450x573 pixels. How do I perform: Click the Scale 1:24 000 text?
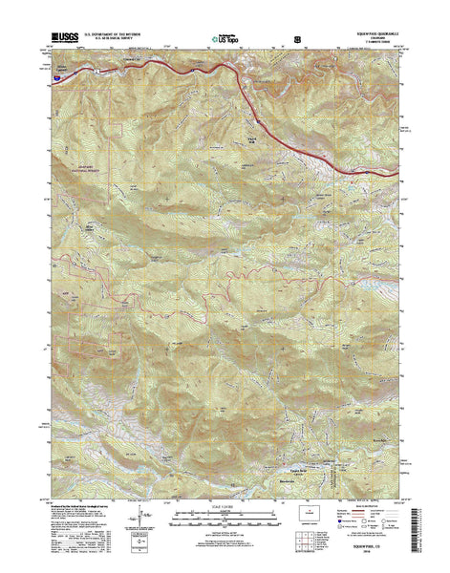click(225, 517)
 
